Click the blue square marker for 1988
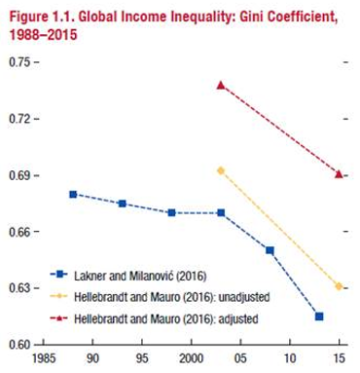pos(73,194)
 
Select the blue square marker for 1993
pos(122,204)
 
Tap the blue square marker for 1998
pos(171,212)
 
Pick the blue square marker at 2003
pos(221,212)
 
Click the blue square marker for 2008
pos(270,250)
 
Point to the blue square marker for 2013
pos(319,317)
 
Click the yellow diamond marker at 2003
pos(221,170)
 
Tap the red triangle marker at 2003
pos(221,85)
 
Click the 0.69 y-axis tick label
pos(19,175)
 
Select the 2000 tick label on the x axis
pos(191,359)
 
